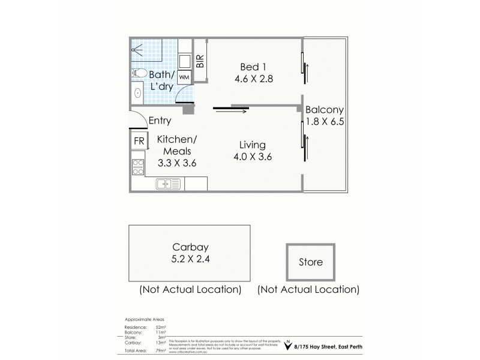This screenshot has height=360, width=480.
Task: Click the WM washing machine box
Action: click(184, 77)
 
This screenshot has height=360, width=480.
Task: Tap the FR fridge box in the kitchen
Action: click(139, 141)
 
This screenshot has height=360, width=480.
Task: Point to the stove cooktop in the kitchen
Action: click(138, 166)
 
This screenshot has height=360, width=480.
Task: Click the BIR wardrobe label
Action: click(200, 61)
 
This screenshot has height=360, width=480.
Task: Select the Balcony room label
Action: click(324, 110)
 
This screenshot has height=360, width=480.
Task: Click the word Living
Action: click(252, 145)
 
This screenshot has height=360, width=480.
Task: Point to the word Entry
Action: click(160, 121)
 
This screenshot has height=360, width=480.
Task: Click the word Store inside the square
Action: click(311, 262)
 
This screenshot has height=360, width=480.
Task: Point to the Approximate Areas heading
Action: click(144, 320)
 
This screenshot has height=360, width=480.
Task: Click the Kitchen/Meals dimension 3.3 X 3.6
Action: click(177, 162)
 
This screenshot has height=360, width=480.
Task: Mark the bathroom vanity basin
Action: click(138, 92)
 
